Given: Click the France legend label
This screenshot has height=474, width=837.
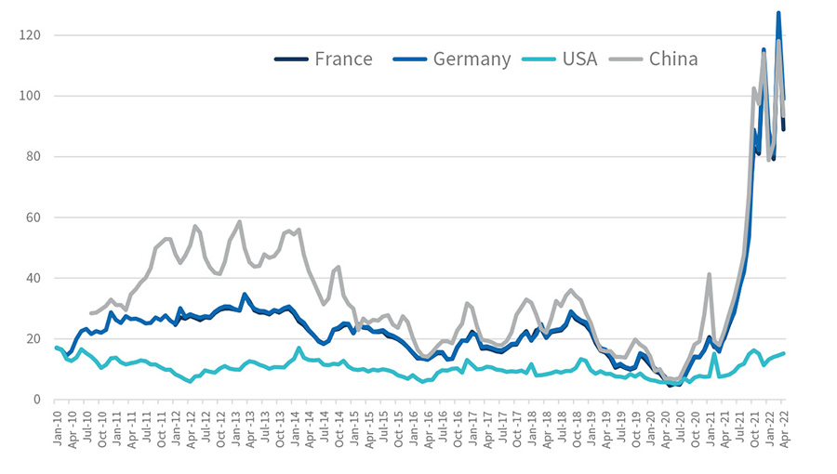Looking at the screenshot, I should [x=343, y=59].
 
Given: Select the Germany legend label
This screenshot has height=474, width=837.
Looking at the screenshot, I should [x=472, y=59].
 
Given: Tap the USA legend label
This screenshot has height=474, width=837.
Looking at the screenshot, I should [x=581, y=59].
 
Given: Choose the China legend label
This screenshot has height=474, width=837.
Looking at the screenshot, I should [x=673, y=59].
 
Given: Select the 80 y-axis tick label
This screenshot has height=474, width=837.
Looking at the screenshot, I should [x=35, y=156].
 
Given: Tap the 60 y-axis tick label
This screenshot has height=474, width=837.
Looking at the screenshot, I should [x=35, y=217].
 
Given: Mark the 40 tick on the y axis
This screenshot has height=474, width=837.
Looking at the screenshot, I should [x=35, y=278].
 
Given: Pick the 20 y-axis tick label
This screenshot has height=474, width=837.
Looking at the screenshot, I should [x=35, y=338].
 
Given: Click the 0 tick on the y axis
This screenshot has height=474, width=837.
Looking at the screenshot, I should [x=39, y=400].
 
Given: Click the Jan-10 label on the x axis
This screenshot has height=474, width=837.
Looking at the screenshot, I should [x=58, y=427].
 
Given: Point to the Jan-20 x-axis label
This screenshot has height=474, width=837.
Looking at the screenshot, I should [x=652, y=427].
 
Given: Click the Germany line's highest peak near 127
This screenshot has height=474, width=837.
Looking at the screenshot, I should [x=778, y=13].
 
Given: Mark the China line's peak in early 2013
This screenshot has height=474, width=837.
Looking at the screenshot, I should [x=240, y=221].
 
